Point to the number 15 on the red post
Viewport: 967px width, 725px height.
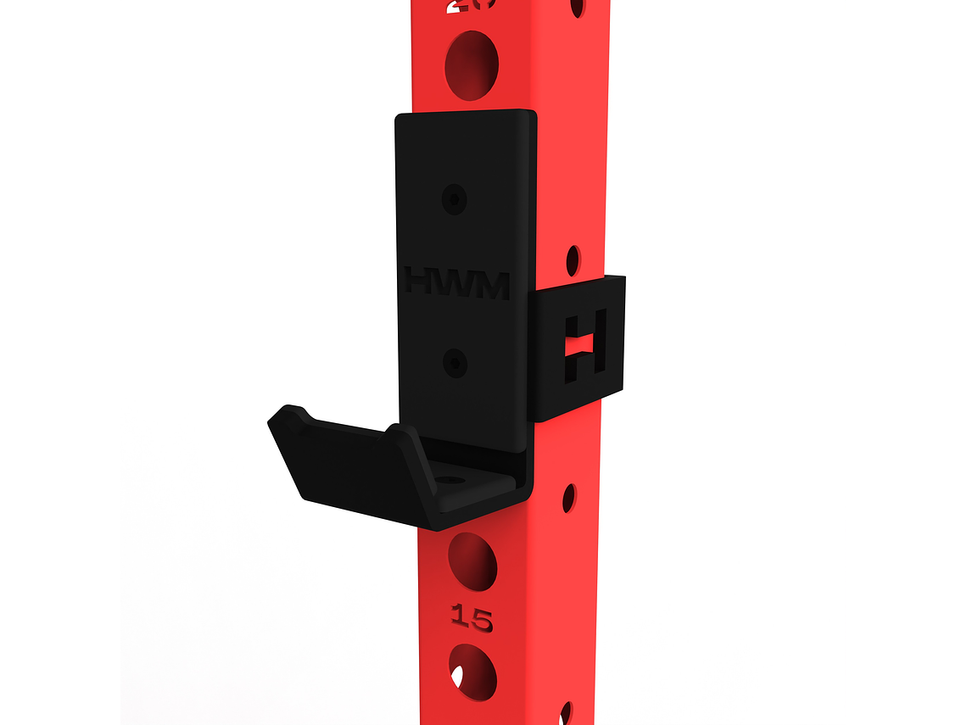coord(471,618)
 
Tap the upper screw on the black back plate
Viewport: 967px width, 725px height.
coord(456,198)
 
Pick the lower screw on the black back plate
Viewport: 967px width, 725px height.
coord(456,363)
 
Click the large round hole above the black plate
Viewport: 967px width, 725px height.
coord(471,64)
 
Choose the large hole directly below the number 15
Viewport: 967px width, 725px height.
coord(472,672)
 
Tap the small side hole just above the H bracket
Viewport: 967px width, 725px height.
coord(573,260)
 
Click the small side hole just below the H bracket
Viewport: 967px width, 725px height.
coord(569,498)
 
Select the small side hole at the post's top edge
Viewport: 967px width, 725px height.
coord(577,7)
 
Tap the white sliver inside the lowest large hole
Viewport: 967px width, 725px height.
coord(457,677)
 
